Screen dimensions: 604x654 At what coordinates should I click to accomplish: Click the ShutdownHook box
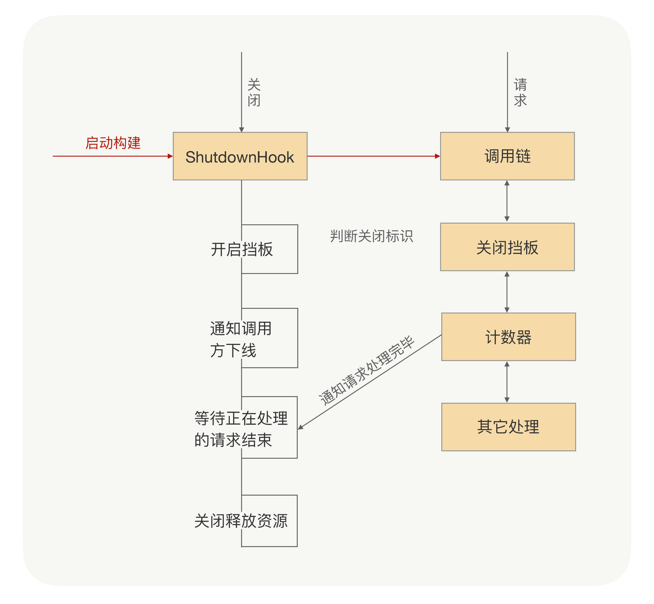pyautogui.click(x=240, y=156)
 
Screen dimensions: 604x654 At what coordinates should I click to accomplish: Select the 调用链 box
pyautogui.click(x=507, y=156)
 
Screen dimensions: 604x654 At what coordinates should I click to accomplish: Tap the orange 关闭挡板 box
pyautogui.click(x=507, y=247)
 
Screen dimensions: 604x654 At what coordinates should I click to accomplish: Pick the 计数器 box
pyautogui.click(x=508, y=337)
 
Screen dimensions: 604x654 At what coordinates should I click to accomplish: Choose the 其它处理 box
pyautogui.click(x=508, y=427)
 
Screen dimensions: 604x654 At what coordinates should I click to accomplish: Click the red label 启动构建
pyautogui.click(x=113, y=143)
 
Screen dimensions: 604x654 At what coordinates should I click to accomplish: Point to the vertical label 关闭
pyautogui.click(x=254, y=93)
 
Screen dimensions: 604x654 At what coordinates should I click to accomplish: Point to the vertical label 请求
pyautogui.click(x=520, y=93)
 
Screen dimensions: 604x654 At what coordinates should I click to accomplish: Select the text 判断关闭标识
pyautogui.click(x=372, y=236)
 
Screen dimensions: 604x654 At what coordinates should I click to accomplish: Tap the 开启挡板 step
pyautogui.click(x=242, y=249)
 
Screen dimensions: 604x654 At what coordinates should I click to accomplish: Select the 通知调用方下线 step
pyautogui.click(x=241, y=339)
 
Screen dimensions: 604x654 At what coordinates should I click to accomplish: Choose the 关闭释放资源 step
pyautogui.click(x=241, y=521)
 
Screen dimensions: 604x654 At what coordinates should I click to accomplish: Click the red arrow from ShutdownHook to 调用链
pyautogui.click(x=373, y=156)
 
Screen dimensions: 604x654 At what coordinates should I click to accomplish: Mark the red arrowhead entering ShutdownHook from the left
pyautogui.click(x=170, y=156)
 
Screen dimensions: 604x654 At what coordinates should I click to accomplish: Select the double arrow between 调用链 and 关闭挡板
pyautogui.click(x=507, y=201)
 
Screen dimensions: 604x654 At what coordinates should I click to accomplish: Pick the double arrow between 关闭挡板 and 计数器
pyautogui.click(x=507, y=292)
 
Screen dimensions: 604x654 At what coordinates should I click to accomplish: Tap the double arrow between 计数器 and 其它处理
pyautogui.click(x=507, y=382)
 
